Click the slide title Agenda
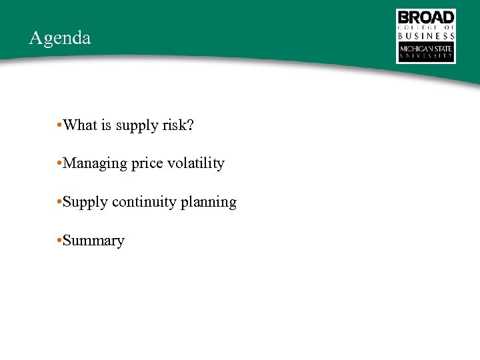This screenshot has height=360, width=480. coord(60,38)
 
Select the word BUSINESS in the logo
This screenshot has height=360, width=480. coord(426,36)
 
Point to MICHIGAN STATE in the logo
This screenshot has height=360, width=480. coord(426,49)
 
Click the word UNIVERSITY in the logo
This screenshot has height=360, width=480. coord(426,57)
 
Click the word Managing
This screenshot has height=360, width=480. coord(95,164)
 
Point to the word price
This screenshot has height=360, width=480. coord(147,164)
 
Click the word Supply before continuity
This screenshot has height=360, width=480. coord(85,203)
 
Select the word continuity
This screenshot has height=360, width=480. coord(143,202)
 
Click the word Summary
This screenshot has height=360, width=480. coord(93,241)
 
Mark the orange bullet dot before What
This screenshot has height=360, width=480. coord(59,125)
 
